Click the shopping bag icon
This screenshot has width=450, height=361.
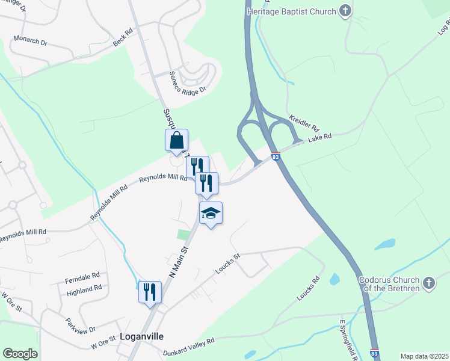point(176,141)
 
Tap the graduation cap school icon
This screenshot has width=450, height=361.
point(211,213)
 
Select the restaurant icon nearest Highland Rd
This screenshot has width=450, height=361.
point(150,292)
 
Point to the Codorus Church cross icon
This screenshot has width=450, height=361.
point(428,283)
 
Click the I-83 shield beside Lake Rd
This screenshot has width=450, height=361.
point(275,156)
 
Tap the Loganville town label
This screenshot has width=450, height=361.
point(142,336)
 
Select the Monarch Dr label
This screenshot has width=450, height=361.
point(30,42)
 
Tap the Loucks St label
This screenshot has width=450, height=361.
point(228,264)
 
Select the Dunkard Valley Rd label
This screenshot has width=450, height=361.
point(188,345)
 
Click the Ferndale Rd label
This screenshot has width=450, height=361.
point(83,277)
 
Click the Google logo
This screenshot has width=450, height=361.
point(20,353)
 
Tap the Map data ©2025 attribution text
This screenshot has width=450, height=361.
point(424,356)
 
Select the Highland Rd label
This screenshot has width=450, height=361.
point(84,290)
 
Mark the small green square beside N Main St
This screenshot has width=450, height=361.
point(183,233)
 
